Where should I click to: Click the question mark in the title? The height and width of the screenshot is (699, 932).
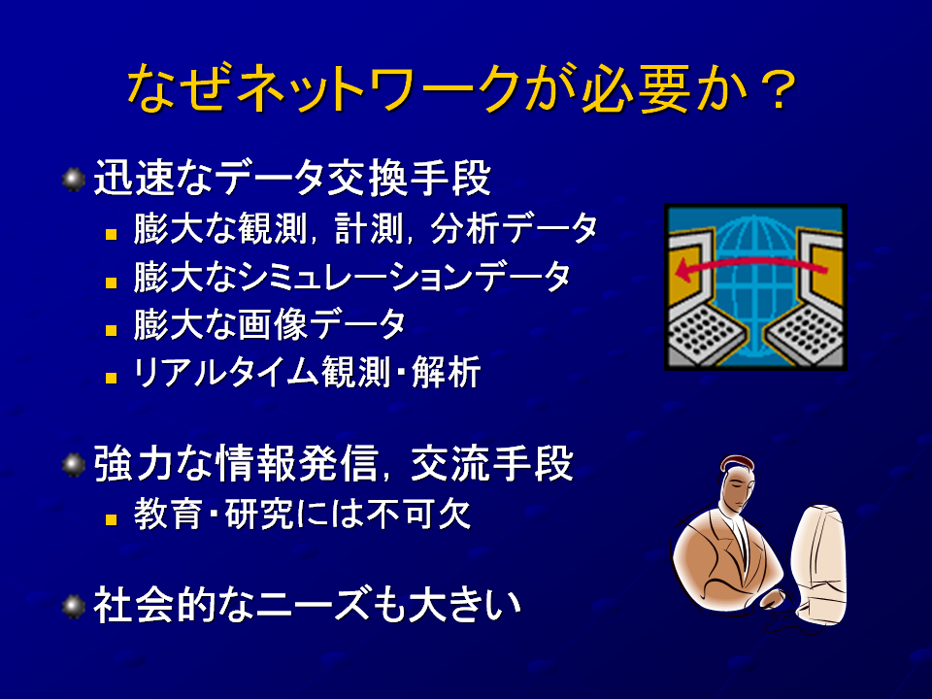pyautogui.click(x=778, y=89)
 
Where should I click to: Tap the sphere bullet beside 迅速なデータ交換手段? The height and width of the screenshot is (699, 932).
pyautogui.click(x=74, y=180)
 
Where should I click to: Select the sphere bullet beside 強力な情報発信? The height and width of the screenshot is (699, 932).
pyautogui.click(x=74, y=464)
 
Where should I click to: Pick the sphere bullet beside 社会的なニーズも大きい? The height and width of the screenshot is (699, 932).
pyautogui.click(x=74, y=606)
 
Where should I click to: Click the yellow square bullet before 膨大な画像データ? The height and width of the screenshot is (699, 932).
pyautogui.click(x=111, y=330)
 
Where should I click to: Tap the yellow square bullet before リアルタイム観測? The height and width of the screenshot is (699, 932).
pyautogui.click(x=111, y=378)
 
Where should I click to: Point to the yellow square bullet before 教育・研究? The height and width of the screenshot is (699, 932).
pyautogui.click(x=111, y=519)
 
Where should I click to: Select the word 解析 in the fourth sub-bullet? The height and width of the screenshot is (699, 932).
pyautogui.click(x=446, y=373)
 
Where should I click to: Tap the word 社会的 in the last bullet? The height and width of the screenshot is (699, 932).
pyautogui.click(x=154, y=605)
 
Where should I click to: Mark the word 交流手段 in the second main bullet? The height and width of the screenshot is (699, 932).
pyautogui.click(x=492, y=463)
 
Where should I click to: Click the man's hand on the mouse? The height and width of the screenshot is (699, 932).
pyautogui.click(x=772, y=598)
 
